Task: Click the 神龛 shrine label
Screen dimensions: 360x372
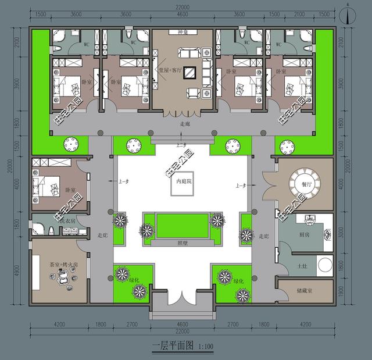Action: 183,33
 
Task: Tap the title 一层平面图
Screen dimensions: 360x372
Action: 172,348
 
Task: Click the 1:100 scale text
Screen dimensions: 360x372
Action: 205,349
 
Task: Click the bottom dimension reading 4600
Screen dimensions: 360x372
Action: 182,323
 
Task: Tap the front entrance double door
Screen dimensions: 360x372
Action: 182,300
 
